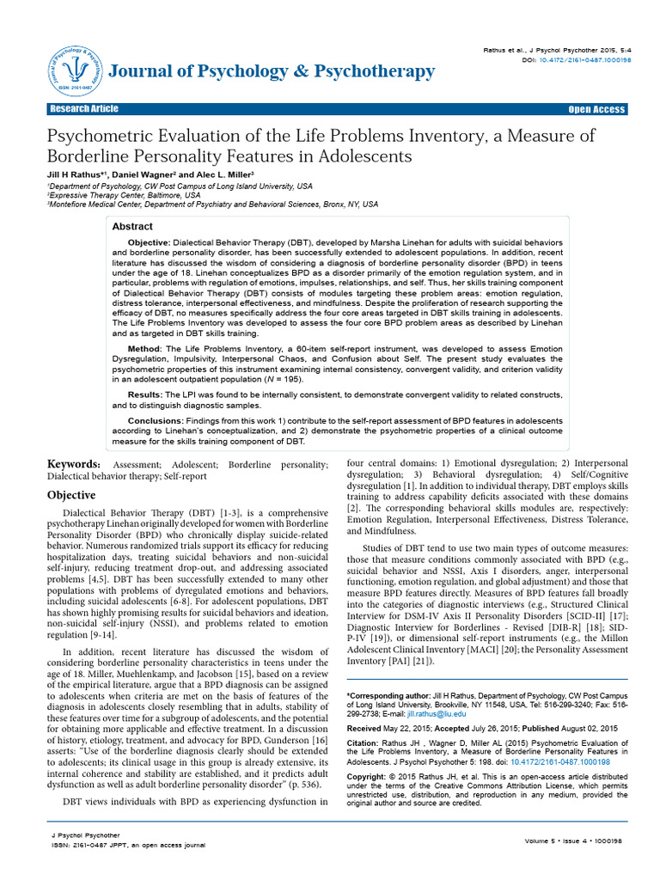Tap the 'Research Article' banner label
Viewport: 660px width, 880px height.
pos(82,110)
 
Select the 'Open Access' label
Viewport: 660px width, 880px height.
pos(597,110)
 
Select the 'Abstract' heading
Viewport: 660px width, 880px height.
pos(133,227)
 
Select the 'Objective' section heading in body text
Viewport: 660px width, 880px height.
pos(71,496)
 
